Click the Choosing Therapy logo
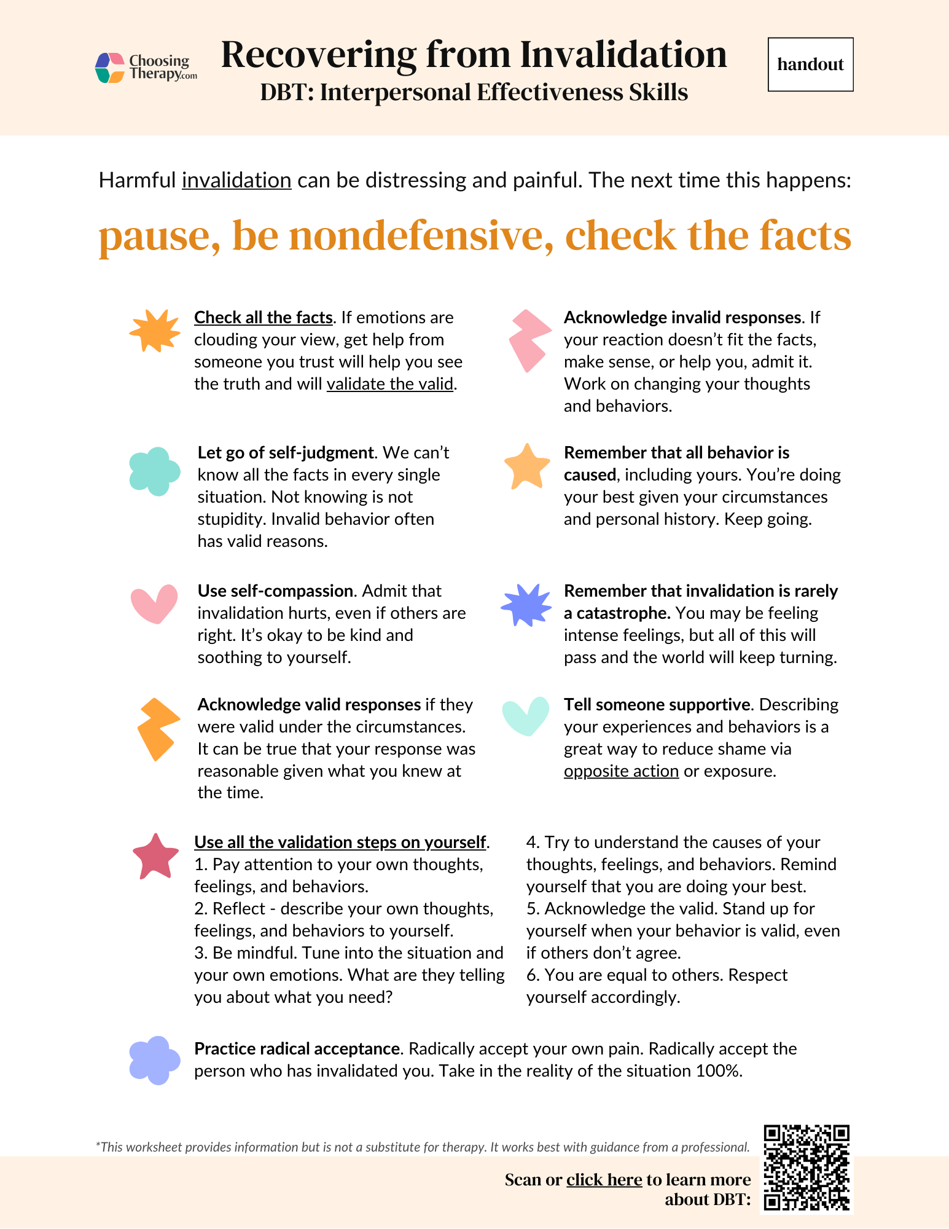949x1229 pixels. [x=146, y=68]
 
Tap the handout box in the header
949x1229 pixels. [x=810, y=65]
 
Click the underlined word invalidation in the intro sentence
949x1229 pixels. [x=236, y=181]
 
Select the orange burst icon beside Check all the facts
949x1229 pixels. [x=154, y=331]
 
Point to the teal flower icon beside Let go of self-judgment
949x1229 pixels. [x=154, y=471]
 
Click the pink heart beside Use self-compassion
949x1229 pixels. [x=154, y=603]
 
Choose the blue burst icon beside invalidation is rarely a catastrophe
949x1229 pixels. [x=526, y=605]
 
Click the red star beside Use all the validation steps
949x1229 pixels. [x=155, y=857]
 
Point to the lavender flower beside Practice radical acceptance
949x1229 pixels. [x=154, y=1060]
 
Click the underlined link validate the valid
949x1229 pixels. [x=389, y=384]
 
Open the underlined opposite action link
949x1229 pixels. [x=621, y=771]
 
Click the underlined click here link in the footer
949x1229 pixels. [x=604, y=1180]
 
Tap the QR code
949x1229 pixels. [x=806, y=1168]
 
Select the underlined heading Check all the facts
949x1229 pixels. [x=263, y=318]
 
